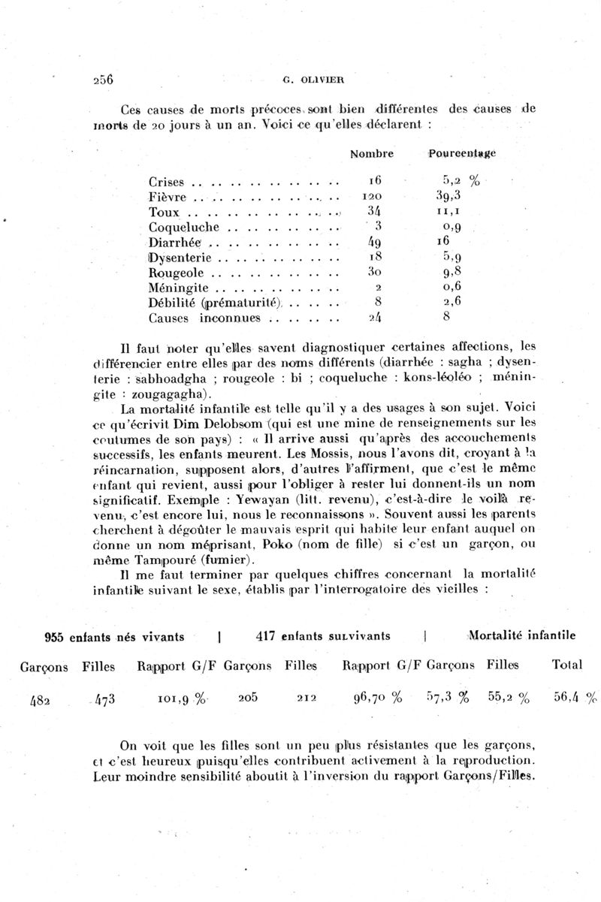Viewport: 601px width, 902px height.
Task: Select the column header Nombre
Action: click(x=372, y=154)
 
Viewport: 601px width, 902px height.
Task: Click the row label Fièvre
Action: click(x=168, y=197)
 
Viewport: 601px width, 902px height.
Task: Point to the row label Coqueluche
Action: click(x=183, y=226)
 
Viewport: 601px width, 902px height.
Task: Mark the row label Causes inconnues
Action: click(x=204, y=318)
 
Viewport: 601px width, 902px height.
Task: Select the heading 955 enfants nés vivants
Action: click(x=115, y=637)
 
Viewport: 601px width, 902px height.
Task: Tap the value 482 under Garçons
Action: click(x=41, y=699)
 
